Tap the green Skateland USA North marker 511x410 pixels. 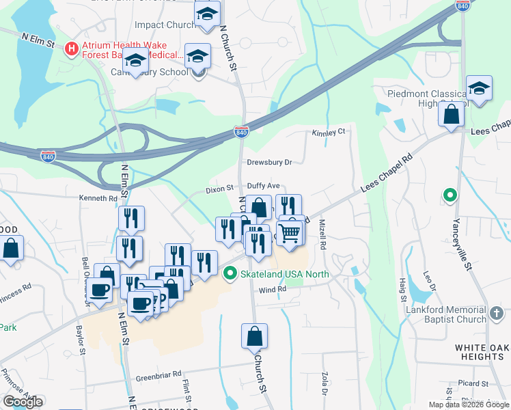tap(231, 274)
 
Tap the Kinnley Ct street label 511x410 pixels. tap(329, 133)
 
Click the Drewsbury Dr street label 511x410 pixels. tap(269, 163)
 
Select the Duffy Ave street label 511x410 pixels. tap(263, 185)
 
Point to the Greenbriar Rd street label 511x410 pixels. tap(158, 374)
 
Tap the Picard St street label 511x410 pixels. tap(473, 383)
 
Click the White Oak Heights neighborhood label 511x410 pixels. tap(480, 352)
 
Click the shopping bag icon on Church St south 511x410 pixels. tap(254, 336)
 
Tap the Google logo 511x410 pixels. tap(23, 402)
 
